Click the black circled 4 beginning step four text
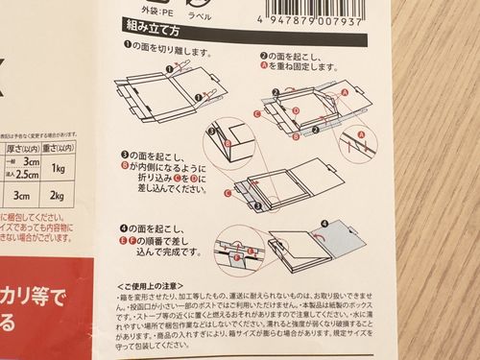[125, 227]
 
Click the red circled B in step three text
[124, 165]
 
